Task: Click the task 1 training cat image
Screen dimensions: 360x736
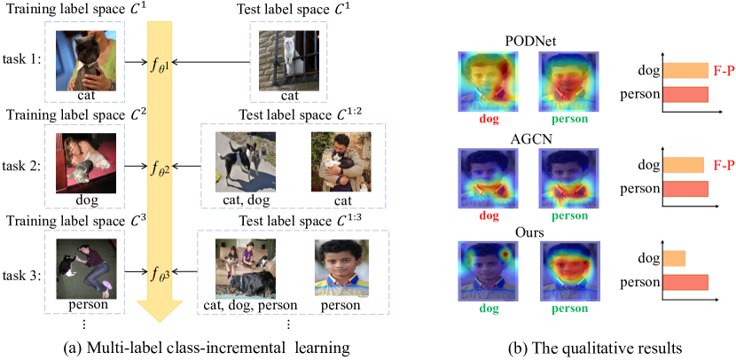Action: point(86,59)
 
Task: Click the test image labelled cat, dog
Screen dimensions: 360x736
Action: point(244,163)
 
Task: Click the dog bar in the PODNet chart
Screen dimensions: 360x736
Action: point(684,71)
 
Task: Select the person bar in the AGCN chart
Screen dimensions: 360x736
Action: point(684,188)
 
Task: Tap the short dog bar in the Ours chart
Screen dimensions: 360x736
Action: point(672,259)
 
